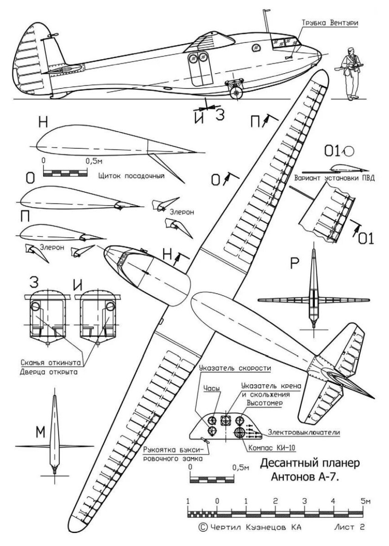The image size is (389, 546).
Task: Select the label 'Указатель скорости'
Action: pyautogui.click(x=235, y=368)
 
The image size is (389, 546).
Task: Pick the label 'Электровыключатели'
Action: pyautogui.click(x=304, y=432)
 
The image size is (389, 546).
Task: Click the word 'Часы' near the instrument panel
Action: pyautogui.click(x=212, y=388)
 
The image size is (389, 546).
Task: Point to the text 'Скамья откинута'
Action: pyautogui.click(x=51, y=362)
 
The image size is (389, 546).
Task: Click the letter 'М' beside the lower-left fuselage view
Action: pyautogui.click(x=41, y=432)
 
